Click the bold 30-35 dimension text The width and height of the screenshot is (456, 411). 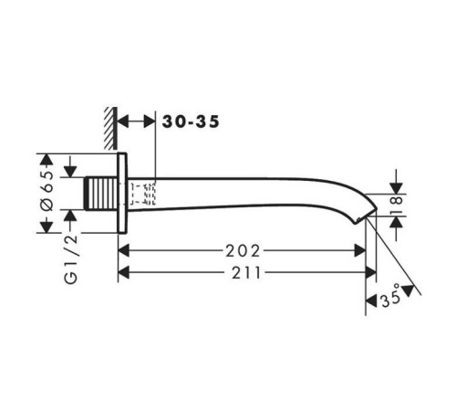(191, 121)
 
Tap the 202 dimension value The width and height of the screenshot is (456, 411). (243, 251)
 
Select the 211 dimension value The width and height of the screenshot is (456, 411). (246, 273)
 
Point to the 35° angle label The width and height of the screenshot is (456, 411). (390, 296)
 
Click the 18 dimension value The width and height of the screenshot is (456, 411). (397, 205)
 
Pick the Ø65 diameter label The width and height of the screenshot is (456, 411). (47, 191)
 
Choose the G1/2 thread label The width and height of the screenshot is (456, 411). (71, 259)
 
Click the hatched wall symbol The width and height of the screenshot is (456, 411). (110, 128)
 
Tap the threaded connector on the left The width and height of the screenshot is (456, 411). (101, 193)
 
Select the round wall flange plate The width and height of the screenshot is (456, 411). (122, 193)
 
